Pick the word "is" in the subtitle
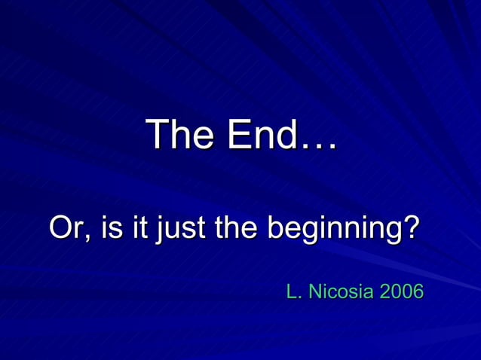pos(111,228)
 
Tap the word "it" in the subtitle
pos(138,228)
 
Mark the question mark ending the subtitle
pos(410,228)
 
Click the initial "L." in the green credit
pos(294,291)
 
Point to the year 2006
pos(402,291)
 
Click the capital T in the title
pos(158,135)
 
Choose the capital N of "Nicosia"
pos(315,291)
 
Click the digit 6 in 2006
pos(418,291)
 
